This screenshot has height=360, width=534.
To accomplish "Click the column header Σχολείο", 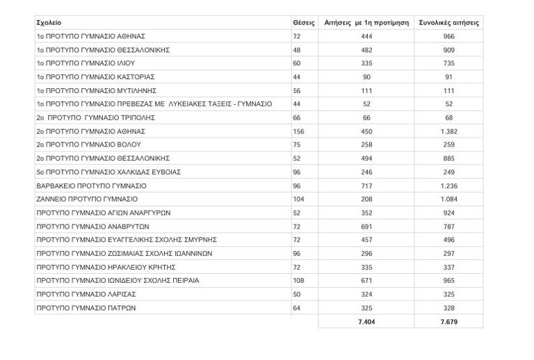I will point(49,23).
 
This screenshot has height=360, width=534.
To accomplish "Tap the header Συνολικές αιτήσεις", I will point(448,23).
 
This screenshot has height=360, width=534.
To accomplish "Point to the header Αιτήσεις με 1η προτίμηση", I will point(366,23).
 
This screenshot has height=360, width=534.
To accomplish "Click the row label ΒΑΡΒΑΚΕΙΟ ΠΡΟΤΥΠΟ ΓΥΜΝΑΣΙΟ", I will point(91,186).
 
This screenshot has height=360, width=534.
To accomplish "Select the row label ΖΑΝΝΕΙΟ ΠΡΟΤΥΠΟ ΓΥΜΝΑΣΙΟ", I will point(87,199).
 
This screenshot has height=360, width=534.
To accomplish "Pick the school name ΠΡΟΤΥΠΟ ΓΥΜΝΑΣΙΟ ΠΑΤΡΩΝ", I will point(86,308).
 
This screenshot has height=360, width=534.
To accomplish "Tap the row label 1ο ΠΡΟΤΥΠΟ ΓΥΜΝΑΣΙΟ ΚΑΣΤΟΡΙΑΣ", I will point(95,77).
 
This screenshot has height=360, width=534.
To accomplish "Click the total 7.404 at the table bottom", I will point(366,322).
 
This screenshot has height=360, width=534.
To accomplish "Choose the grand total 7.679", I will point(448,322).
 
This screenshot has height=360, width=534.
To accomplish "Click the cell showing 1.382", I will point(448,131).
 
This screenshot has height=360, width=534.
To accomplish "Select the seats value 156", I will point(299,131).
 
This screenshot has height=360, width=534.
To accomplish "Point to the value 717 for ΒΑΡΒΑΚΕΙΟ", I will point(366,186).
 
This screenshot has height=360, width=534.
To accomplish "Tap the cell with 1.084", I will point(448,199).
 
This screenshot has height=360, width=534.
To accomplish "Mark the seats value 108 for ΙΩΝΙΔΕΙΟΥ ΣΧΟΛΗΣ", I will point(299,281).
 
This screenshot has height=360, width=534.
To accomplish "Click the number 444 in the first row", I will point(366,36).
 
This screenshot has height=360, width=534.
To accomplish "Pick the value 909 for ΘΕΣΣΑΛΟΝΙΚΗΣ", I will point(448,50).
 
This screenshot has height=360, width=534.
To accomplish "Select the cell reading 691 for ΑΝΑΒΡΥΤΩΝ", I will point(366,227).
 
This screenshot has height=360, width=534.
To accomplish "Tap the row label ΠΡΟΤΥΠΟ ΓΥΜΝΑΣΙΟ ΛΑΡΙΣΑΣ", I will point(86,295).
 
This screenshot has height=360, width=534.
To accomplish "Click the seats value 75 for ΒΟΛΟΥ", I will point(297,145).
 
